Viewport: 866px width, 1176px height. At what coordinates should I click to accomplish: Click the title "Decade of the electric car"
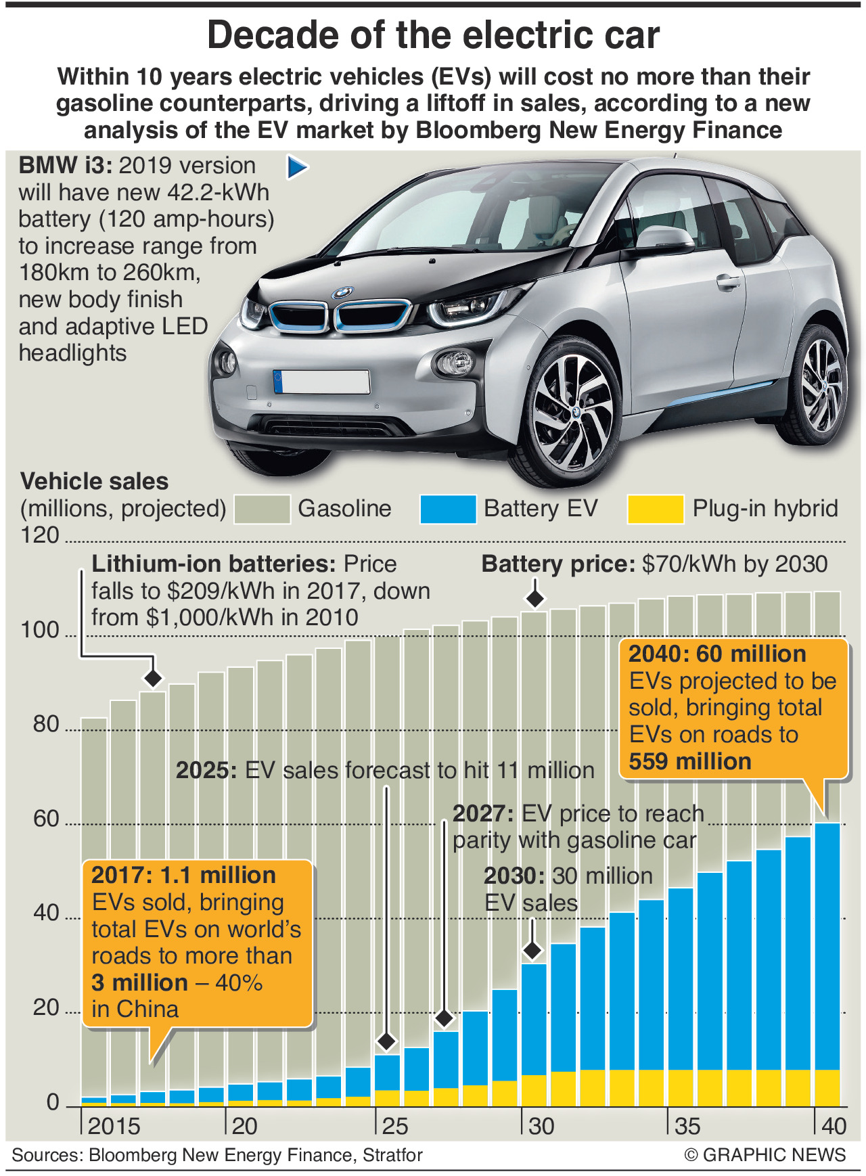[433, 35]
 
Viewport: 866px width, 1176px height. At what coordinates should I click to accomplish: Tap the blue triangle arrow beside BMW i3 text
[297, 167]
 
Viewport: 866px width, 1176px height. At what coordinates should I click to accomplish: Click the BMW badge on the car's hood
[343, 293]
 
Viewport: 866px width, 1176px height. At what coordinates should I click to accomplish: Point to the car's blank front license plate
[321, 382]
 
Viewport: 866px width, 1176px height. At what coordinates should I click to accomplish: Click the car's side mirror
[664, 238]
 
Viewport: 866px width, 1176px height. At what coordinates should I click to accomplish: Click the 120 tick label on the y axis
[40, 535]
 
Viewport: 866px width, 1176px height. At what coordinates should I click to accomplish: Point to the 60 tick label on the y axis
[46, 819]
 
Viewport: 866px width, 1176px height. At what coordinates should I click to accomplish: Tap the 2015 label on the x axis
[114, 1126]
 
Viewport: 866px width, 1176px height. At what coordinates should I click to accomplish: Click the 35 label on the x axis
[687, 1126]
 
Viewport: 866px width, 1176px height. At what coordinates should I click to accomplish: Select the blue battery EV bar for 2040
[827, 947]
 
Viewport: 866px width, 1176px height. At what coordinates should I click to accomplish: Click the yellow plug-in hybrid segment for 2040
[827, 1087]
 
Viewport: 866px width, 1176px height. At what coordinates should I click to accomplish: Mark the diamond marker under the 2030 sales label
[533, 950]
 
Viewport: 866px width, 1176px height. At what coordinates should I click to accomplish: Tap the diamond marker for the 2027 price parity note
[444, 1018]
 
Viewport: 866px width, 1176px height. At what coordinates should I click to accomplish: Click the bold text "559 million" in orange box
[689, 762]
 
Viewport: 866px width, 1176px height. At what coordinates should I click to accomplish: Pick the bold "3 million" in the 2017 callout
[139, 982]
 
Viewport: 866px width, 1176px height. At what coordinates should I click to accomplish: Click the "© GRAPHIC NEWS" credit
[765, 1155]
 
